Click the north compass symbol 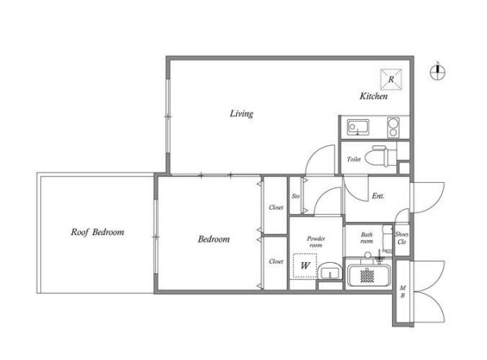pyautogui.click(x=438, y=72)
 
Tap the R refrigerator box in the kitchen pyautogui.click(x=391, y=79)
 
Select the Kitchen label pyautogui.click(x=373, y=96)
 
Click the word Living pyautogui.click(x=241, y=113)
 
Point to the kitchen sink pyautogui.click(x=358, y=127)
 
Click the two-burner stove pyautogui.click(x=393, y=127)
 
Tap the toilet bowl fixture pyautogui.click(x=381, y=157)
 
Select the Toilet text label pyautogui.click(x=354, y=159)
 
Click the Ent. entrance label pyautogui.click(x=378, y=196)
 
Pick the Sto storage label pyautogui.click(x=296, y=196)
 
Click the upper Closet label pyautogui.click(x=276, y=207)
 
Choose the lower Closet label pyautogui.click(x=276, y=261)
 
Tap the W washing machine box pyautogui.click(x=305, y=265)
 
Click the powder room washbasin pyautogui.click(x=330, y=271)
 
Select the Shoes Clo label pyautogui.click(x=401, y=238)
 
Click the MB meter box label pyautogui.click(x=403, y=291)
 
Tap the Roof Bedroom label pyautogui.click(x=97, y=232)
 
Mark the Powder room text pyautogui.click(x=316, y=242)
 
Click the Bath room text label pyautogui.click(x=367, y=238)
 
